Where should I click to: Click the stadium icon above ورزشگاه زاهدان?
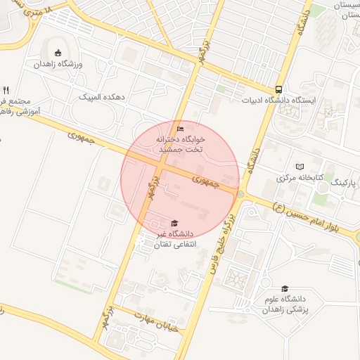point(58,53)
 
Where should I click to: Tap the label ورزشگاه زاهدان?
point(59,64)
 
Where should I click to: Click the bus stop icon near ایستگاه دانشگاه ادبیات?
point(279,89)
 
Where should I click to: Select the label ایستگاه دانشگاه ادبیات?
point(281,100)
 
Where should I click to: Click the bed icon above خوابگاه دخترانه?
point(180,129)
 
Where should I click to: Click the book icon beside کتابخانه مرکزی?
point(301,167)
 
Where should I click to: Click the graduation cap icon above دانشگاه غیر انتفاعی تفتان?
point(174,223)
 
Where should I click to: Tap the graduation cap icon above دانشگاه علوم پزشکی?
point(285,288)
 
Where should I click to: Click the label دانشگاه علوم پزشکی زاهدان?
point(289,304)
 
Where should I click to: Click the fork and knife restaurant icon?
point(6,90)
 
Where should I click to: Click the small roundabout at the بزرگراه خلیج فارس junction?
point(240,194)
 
